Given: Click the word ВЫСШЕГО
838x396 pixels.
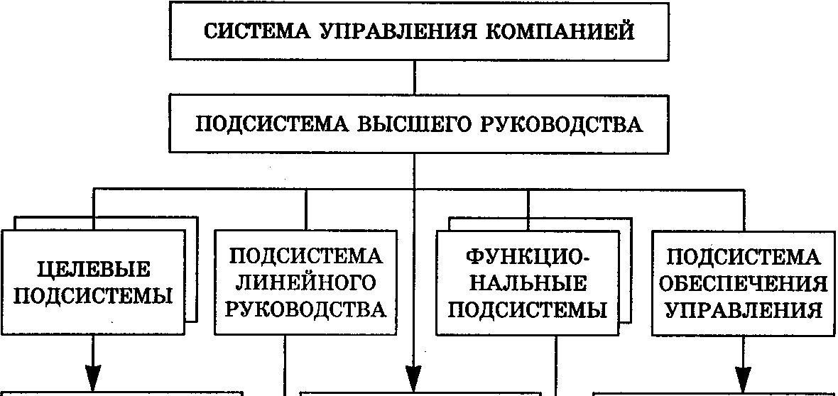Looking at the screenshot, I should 389,125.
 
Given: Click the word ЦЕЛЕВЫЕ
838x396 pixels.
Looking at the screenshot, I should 93,270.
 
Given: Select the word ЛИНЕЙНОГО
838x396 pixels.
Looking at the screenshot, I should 305,283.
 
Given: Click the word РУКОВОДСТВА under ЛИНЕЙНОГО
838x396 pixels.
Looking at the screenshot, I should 305,309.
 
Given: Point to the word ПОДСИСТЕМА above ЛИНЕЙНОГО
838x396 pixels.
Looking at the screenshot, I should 305,257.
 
